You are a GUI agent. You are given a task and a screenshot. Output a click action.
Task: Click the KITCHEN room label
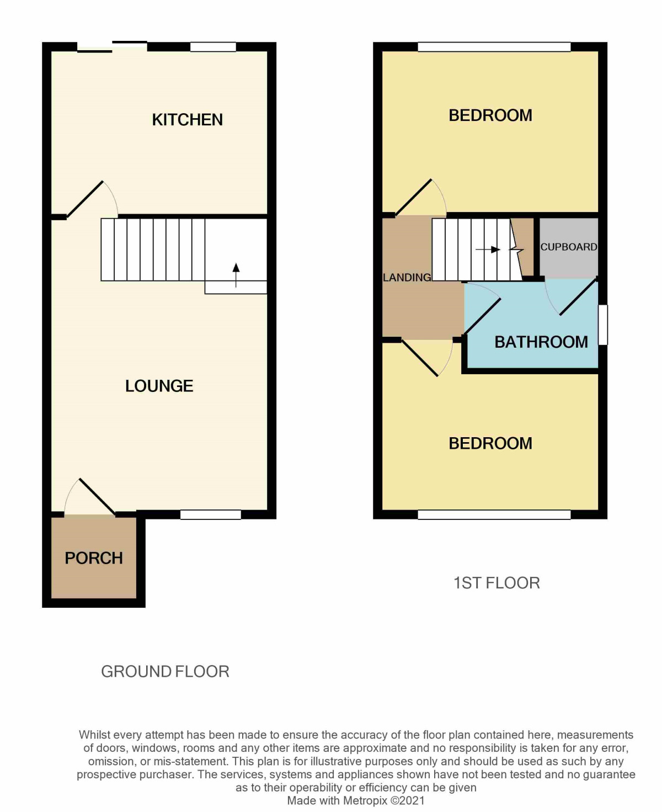coord(187,120)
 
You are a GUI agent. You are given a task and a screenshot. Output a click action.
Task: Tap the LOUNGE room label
coord(159,386)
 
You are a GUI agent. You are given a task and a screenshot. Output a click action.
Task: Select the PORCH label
coord(94,558)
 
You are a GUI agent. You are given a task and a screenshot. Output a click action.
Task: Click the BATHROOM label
coord(541,342)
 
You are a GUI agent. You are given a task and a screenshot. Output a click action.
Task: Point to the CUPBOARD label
coord(568,247)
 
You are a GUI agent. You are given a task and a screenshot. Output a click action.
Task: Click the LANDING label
coord(407,277)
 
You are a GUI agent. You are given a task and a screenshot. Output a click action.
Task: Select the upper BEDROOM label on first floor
coord(490,115)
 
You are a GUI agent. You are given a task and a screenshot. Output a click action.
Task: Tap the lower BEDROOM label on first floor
coord(490,443)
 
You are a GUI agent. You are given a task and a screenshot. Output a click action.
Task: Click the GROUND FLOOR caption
coord(165,671)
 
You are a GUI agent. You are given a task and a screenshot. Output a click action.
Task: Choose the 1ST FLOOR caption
coord(496,583)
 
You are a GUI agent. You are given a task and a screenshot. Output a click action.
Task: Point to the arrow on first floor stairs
coord(488,250)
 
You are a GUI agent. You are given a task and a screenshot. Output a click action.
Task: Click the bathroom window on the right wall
coord(603,325)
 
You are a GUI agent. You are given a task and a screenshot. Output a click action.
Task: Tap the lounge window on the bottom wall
coord(211,514)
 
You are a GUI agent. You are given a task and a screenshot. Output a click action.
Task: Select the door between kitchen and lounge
coord(86,199)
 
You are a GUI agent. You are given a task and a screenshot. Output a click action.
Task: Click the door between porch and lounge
coord(97,497)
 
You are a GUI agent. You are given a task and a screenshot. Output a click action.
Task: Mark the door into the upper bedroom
coord(414,198)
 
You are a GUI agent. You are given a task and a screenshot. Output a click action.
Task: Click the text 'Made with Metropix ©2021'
coord(356,800)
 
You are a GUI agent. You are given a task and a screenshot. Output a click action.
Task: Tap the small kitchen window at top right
coord(213,47)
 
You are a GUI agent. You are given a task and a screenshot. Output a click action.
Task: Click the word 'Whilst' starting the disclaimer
coord(95,735)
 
